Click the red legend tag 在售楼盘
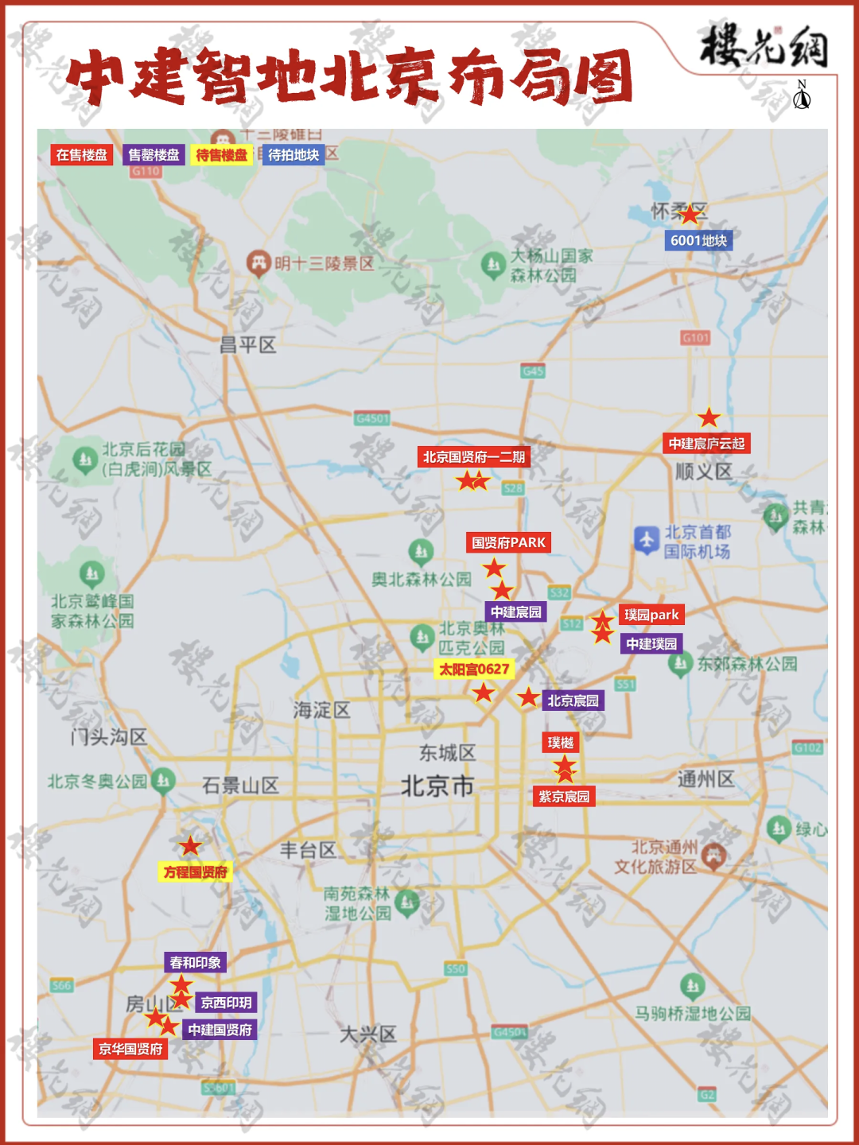81,155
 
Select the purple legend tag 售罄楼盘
154,155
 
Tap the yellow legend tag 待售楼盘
222,155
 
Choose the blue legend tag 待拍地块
293,155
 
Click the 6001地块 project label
698,240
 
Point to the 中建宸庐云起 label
706,444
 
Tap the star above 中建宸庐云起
709,417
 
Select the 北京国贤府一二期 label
473,456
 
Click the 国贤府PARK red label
508,542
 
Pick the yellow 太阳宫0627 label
474,669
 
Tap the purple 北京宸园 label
573,701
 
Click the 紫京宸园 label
564,797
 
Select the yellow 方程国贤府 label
196,872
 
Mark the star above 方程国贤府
190,846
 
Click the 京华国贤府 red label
130,1049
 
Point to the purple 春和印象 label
195,962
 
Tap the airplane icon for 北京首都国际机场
646,541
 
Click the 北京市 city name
437,786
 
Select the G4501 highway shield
372,418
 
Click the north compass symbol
802,96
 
